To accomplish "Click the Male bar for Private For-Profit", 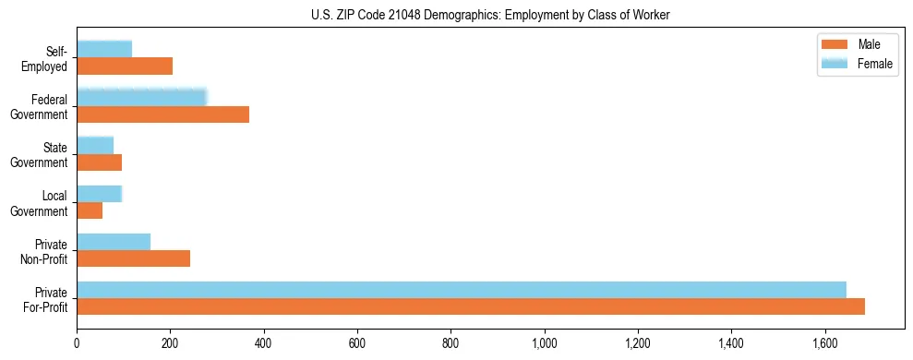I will pyautogui.click(x=471, y=306).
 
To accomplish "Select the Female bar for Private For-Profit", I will pyautogui.click(x=462, y=290).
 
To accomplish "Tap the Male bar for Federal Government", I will pyautogui.click(x=162, y=114).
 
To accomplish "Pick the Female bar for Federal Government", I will pyautogui.click(x=141, y=98).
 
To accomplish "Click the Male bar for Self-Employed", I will pyautogui.click(x=125, y=66).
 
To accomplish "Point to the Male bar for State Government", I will pyautogui.click(x=100, y=162).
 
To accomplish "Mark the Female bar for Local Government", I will pyautogui.click(x=100, y=194).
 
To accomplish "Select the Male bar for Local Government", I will pyautogui.click(x=90, y=210).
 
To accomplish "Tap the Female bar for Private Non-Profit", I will pyautogui.click(x=114, y=242).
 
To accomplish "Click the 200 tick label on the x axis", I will pyautogui.click(x=170, y=344).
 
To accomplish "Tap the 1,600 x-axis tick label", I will pyautogui.click(x=825, y=344).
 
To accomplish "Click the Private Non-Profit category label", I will pyautogui.click(x=46, y=250).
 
